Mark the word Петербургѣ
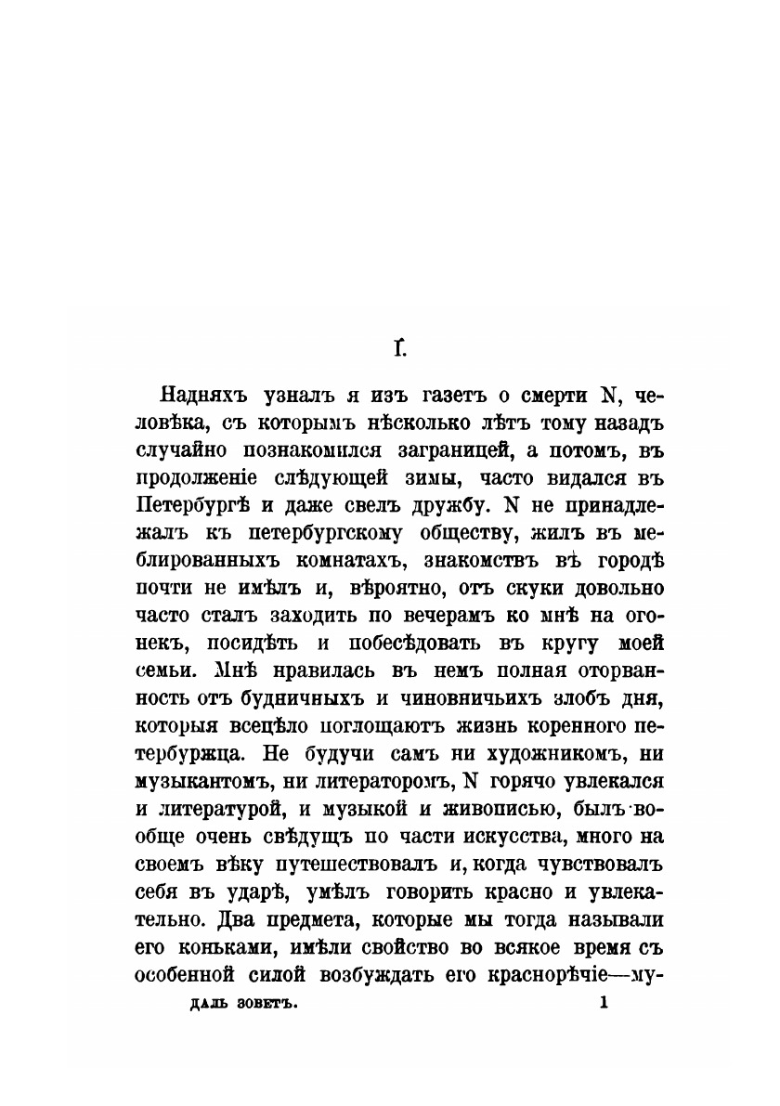[195, 508]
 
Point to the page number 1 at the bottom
[604, 1003]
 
